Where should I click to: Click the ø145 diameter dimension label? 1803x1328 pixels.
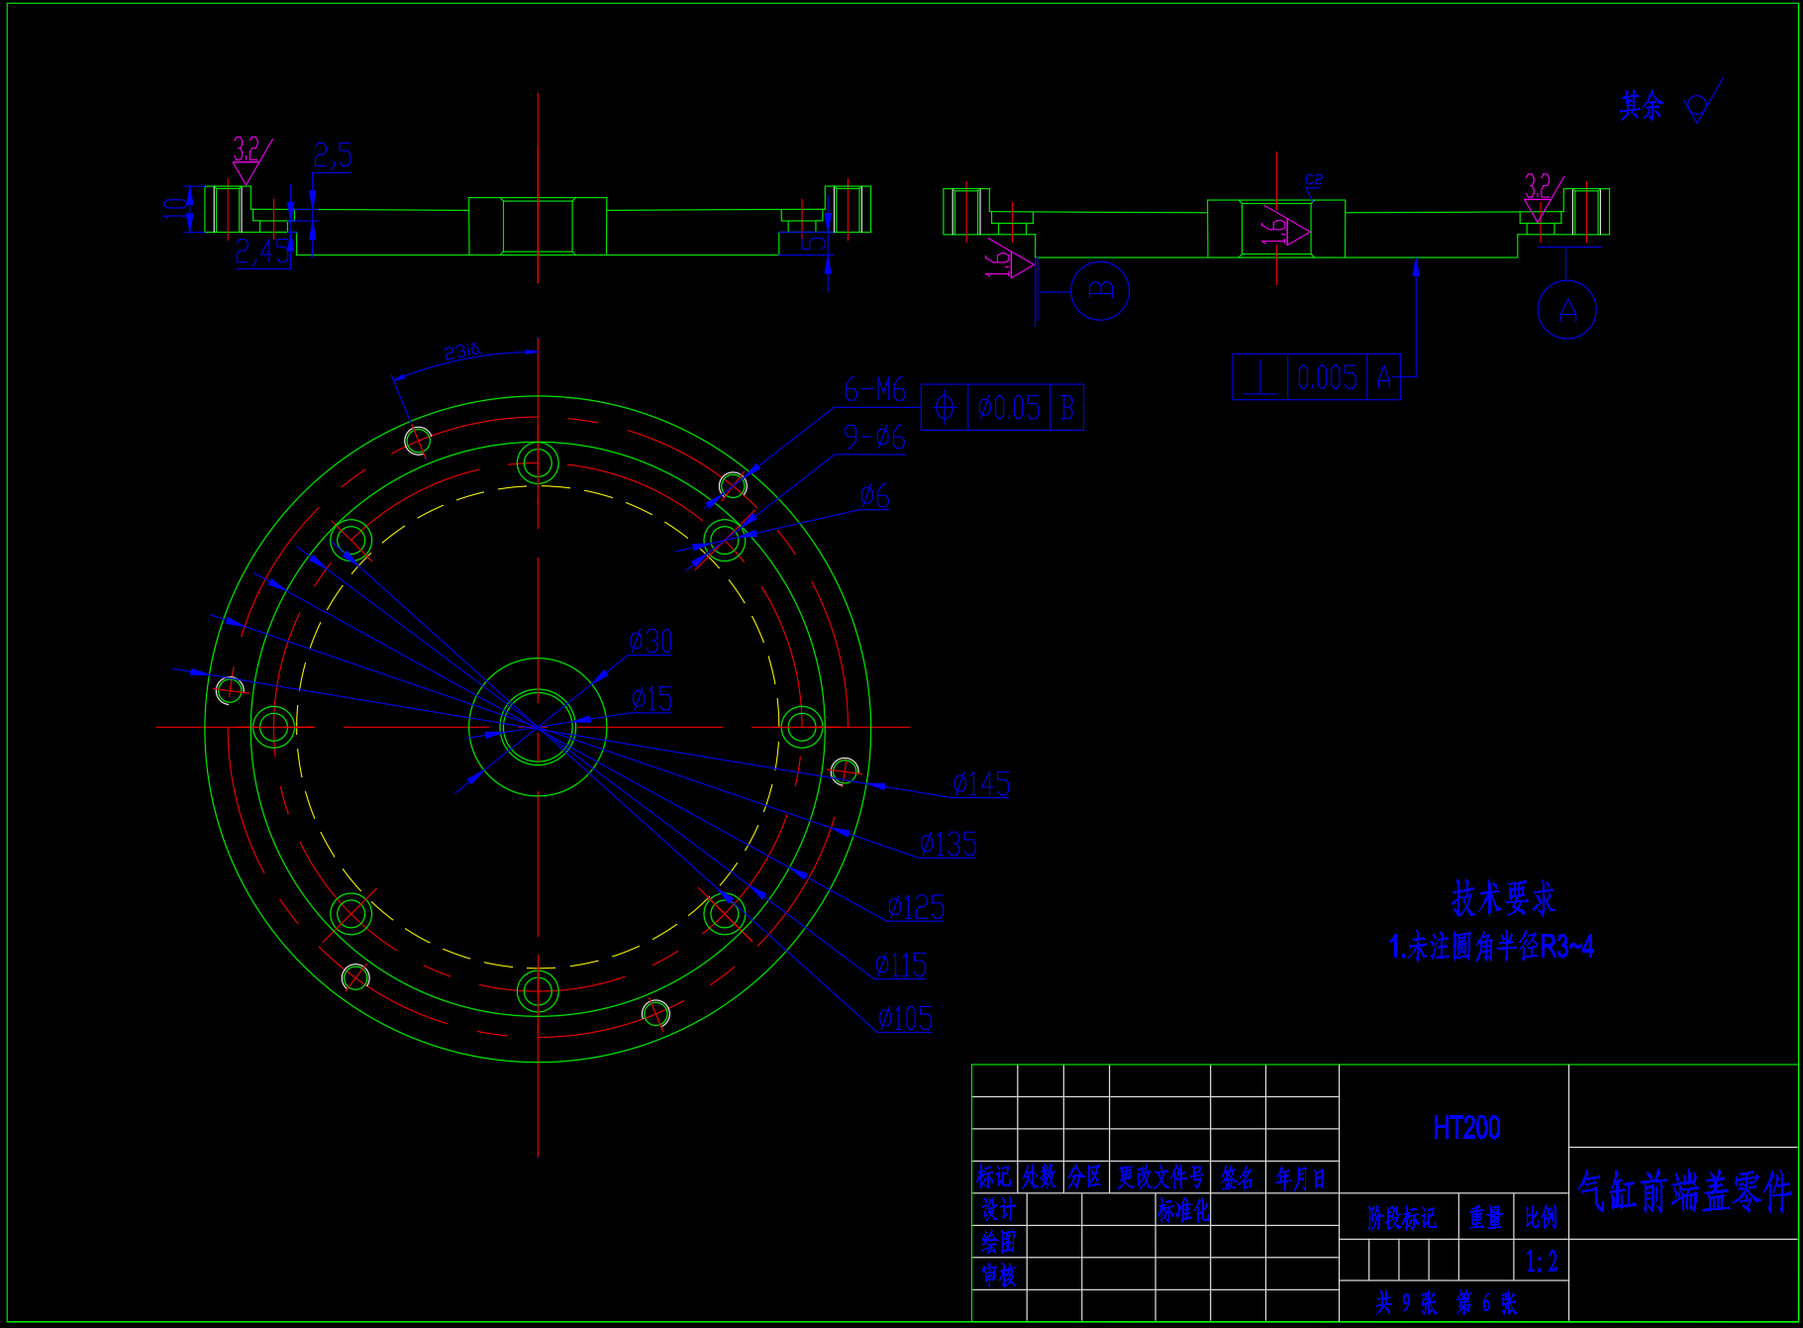(981, 784)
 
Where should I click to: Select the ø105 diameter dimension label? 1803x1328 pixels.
(905, 1019)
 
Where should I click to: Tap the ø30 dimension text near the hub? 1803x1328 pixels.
(651, 642)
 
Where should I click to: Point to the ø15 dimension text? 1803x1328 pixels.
(651, 699)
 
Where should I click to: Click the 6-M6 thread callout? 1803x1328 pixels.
(874, 390)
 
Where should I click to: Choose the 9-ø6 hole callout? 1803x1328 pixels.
(874, 437)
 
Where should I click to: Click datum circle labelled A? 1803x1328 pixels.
(1566, 311)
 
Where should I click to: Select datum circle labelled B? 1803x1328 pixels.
(1100, 291)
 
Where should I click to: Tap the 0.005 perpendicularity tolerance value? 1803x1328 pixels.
(1327, 377)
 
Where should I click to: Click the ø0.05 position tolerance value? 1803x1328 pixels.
(1009, 408)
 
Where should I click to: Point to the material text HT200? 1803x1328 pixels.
(1466, 1128)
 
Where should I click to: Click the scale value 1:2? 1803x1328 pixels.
(1542, 1262)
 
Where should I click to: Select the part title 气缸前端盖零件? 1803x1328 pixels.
(1683, 1192)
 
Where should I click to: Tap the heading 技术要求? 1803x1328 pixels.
(1503, 898)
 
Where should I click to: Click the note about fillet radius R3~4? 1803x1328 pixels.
(1491, 948)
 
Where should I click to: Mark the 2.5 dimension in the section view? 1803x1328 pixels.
(333, 155)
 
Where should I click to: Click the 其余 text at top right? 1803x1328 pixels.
(1642, 106)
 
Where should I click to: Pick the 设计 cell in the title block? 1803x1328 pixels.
(998, 1209)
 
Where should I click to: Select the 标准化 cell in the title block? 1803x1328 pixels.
(1183, 1210)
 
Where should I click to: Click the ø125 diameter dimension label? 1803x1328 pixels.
(916, 907)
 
